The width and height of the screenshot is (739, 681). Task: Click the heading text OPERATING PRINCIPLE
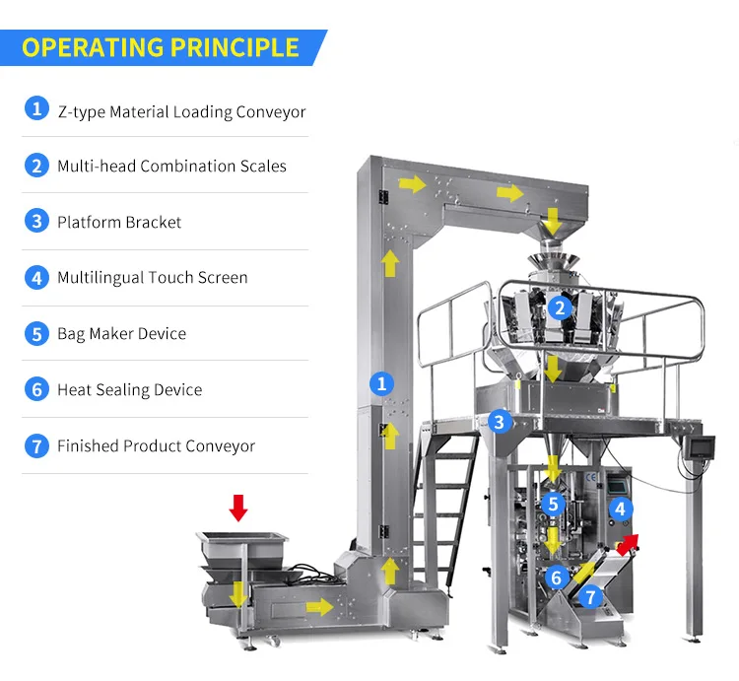160,46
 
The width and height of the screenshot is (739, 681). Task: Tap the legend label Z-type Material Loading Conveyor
181,111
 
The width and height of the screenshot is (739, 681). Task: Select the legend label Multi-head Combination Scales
171,166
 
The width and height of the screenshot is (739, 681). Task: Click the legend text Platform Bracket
119,222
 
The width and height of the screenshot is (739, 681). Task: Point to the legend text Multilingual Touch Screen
152,277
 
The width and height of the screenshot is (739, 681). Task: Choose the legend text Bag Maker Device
121,333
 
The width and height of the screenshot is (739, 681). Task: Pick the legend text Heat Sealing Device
129,389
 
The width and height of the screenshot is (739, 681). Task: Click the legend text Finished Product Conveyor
156,445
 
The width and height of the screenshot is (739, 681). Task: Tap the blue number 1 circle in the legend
36,109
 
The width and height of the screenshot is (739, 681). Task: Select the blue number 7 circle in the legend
36,445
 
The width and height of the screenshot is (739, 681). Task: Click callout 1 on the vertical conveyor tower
380,382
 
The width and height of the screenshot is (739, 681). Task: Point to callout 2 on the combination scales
560,307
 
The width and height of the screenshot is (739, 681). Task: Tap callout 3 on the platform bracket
500,422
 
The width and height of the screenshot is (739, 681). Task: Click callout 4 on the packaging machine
621,509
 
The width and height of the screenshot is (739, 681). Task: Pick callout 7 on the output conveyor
590,596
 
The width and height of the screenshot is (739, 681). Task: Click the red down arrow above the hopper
237,508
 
